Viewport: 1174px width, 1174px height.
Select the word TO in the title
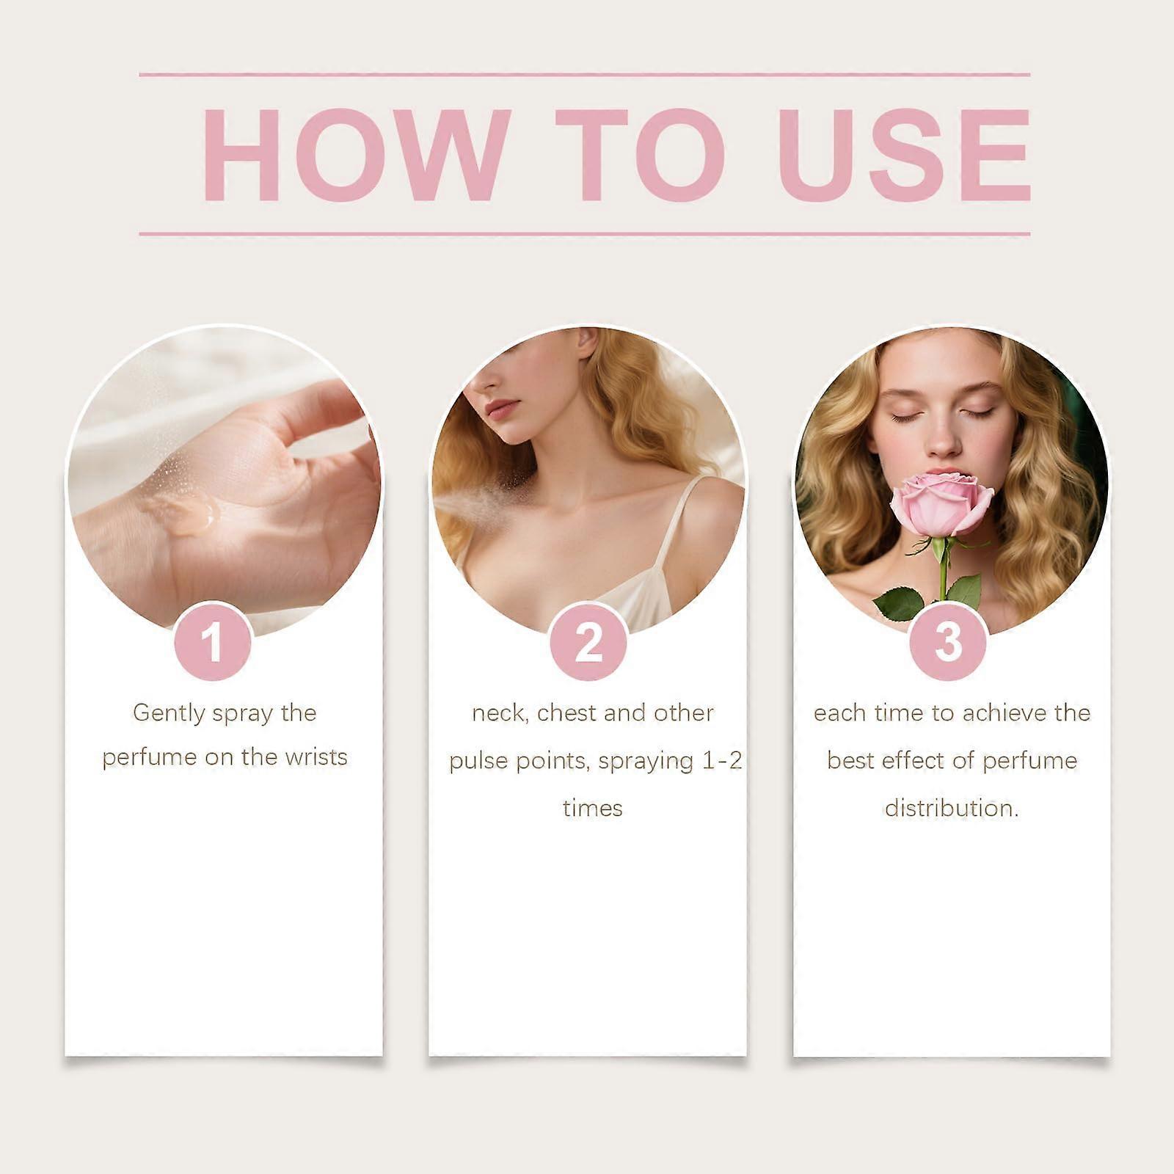pyautogui.click(x=640, y=155)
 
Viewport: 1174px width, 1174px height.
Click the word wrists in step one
pyautogui.click(x=316, y=756)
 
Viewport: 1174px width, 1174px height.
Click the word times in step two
pyautogui.click(x=593, y=808)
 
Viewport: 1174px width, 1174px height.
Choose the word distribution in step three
pyautogui.click(x=950, y=808)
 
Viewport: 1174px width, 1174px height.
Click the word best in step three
pyautogui.click(x=850, y=760)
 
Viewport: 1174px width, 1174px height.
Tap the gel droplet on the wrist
pyautogui.click(x=183, y=512)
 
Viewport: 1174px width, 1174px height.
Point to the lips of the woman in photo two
pyautogui.click(x=502, y=409)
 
